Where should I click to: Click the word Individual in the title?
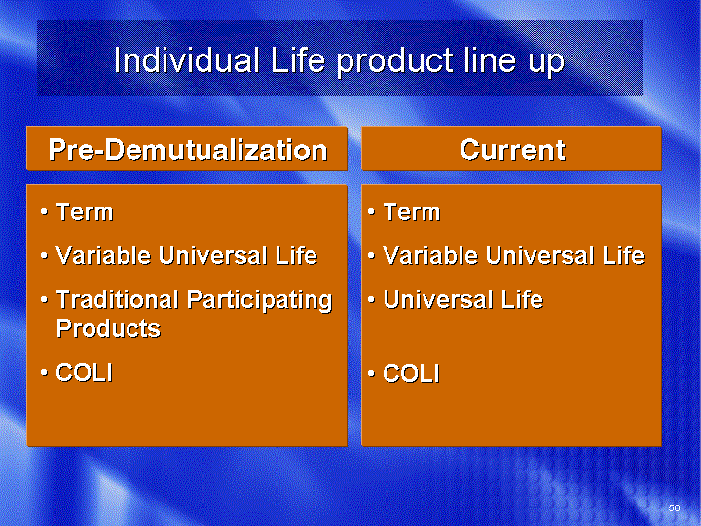point(187,59)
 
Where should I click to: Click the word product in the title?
point(394,61)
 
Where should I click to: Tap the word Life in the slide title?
point(298,59)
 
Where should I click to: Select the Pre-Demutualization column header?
point(187,149)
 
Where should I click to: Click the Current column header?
point(511,149)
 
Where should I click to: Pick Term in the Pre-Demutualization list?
point(85,211)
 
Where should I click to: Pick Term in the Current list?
point(412,211)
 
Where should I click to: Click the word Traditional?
point(118,300)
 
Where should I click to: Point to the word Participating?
point(260,301)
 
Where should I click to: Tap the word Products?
point(108,329)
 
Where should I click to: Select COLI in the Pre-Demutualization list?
point(85,372)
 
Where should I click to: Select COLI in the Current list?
point(412,373)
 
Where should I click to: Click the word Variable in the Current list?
point(430,256)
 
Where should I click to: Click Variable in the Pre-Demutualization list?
point(103,256)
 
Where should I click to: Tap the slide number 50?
point(674,507)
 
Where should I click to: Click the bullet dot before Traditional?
point(44,300)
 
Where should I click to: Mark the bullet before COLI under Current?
point(371,373)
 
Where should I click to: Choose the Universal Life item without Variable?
point(463,300)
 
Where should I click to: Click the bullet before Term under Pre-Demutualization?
point(44,212)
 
